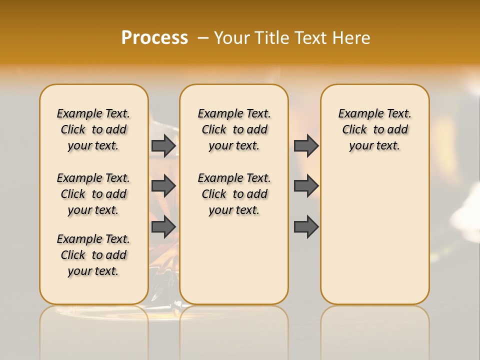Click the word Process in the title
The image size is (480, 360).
pos(154,38)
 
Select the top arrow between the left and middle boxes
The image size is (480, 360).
pos(163,145)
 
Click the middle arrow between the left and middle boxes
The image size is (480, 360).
pos(163,186)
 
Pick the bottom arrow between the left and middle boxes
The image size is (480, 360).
pos(163,226)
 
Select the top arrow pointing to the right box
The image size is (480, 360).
pos(306,145)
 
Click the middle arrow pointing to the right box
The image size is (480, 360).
pos(306,186)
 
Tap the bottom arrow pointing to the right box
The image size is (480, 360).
pos(306,226)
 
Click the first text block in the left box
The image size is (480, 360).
pos(93,129)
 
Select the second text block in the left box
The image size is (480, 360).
pos(93,194)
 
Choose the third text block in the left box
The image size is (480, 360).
pos(93,255)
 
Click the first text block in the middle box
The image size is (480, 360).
pos(234,129)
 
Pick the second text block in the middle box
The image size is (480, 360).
pos(234,194)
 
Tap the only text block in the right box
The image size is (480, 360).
pos(374,129)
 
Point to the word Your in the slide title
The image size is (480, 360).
pos(232,38)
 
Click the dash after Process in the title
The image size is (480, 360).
pos(202,38)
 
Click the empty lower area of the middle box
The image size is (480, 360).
pos(234,260)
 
